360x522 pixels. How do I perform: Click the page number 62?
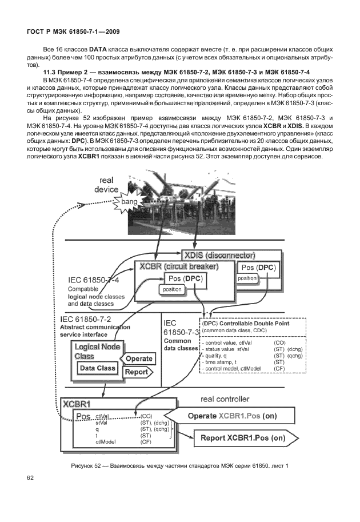point(30,478)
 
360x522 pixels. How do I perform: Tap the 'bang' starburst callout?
point(129,202)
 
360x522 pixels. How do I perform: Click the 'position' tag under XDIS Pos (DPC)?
point(247,278)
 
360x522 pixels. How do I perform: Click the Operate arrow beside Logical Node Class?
point(138,358)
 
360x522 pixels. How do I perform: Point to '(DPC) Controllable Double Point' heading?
point(246,323)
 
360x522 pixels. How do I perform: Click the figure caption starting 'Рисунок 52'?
point(180,464)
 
